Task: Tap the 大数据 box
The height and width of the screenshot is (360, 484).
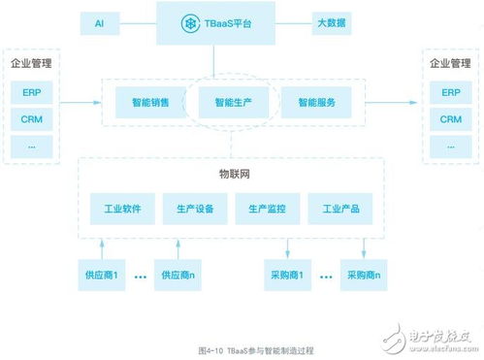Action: coord(333,21)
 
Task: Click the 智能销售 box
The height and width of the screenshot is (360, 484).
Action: coord(143,101)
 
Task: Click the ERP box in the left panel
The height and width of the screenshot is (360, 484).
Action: coord(31,94)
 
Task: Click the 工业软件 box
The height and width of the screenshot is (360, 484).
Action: coord(115,208)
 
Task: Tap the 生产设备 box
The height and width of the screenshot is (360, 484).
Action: coord(194,208)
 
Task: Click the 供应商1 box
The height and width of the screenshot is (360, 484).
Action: coord(101,275)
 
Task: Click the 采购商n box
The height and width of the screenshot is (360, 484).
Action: coord(364,275)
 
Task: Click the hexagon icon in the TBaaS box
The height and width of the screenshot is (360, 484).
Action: coord(190,21)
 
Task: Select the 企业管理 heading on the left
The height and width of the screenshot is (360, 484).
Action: coord(31,64)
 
